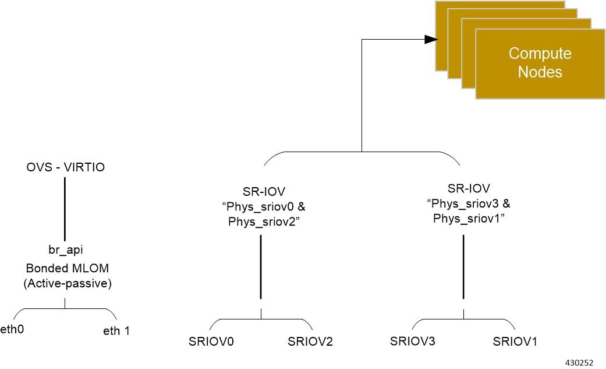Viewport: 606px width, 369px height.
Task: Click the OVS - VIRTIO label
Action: click(65, 168)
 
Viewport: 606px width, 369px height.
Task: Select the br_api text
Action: click(65, 249)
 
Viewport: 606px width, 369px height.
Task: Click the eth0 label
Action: click(12, 329)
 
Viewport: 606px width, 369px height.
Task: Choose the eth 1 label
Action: click(116, 331)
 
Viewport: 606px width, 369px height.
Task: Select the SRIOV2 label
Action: click(310, 342)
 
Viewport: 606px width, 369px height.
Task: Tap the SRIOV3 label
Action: click(413, 341)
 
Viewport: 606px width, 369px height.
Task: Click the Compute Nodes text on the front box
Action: click(540, 63)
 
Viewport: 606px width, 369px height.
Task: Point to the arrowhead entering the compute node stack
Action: click(430, 39)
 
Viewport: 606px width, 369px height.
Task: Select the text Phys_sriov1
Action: click(466, 219)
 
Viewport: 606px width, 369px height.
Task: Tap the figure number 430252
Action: click(579, 363)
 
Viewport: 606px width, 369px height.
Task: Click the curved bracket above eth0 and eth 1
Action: click(65, 308)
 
